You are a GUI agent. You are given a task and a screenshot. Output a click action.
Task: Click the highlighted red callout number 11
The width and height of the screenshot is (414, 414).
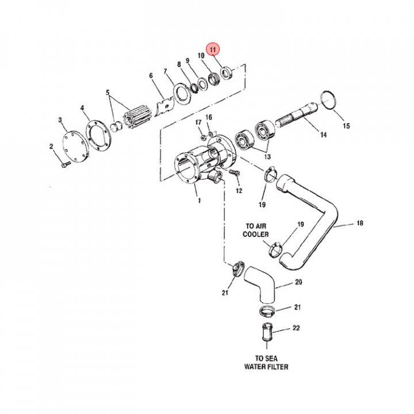213,50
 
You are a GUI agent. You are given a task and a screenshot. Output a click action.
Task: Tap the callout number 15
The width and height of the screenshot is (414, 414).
346,126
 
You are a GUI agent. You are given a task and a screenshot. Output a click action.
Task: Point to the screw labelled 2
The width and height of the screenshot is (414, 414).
64,164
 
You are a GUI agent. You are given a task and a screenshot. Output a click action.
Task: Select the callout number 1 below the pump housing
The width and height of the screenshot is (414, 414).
198,201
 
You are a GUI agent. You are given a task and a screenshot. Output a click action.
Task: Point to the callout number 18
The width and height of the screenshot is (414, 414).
360,223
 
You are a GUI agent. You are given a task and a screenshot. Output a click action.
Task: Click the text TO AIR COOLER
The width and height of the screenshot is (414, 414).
256,230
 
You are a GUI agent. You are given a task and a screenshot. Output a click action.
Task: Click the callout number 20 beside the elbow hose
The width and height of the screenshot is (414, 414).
298,282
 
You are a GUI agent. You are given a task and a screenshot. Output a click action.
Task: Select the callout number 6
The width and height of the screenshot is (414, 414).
151,75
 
